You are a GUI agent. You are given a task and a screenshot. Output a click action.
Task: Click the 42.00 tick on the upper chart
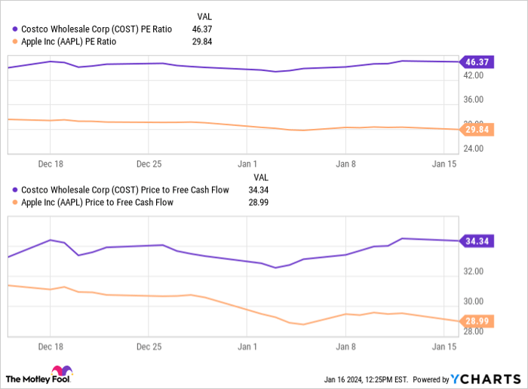[474, 75]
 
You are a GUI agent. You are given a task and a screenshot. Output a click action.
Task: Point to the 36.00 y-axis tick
[474, 100]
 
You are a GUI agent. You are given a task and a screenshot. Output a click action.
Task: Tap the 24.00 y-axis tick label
[474, 148]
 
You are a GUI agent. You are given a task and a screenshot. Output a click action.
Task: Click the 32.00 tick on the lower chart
[474, 271]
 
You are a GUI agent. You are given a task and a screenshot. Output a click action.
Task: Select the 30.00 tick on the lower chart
[474, 302]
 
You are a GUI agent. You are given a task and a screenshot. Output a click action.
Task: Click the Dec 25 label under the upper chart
[149, 163]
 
